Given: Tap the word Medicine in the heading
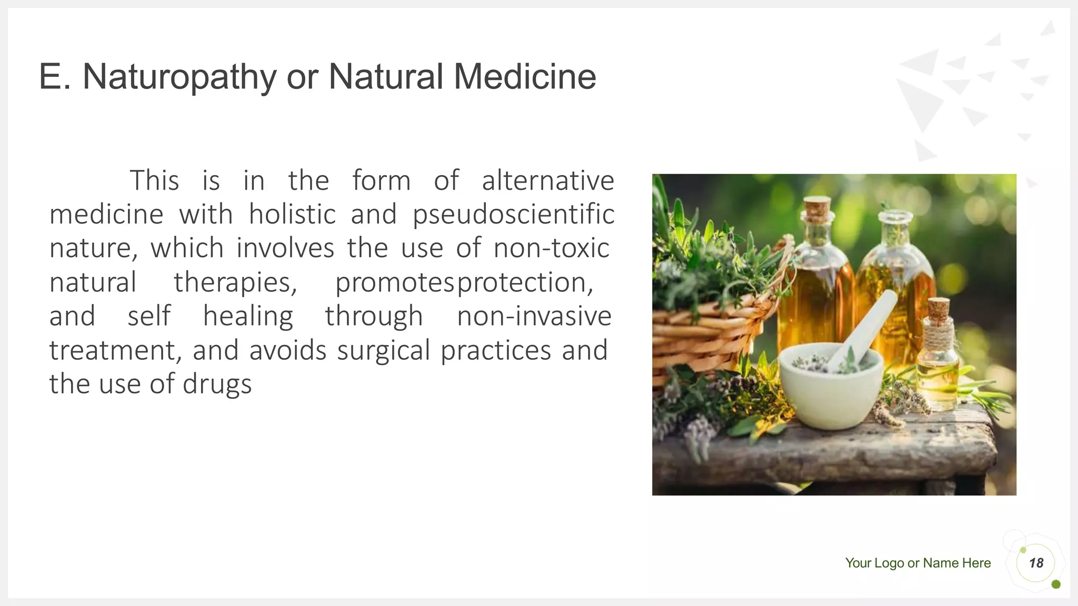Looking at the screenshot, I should [524, 77].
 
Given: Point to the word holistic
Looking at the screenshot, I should [292, 215].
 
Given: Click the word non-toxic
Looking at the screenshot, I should [551, 248].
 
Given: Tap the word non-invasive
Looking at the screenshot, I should [534, 317].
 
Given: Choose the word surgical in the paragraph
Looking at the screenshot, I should [383, 351].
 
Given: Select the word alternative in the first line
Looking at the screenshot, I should [547, 181].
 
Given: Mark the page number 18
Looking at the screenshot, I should [1036, 563].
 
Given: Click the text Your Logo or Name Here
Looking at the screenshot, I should [917, 563].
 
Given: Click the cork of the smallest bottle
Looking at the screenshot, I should [938, 308].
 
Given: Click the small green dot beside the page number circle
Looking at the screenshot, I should [1055, 584].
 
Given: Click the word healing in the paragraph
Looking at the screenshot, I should [248, 317].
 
